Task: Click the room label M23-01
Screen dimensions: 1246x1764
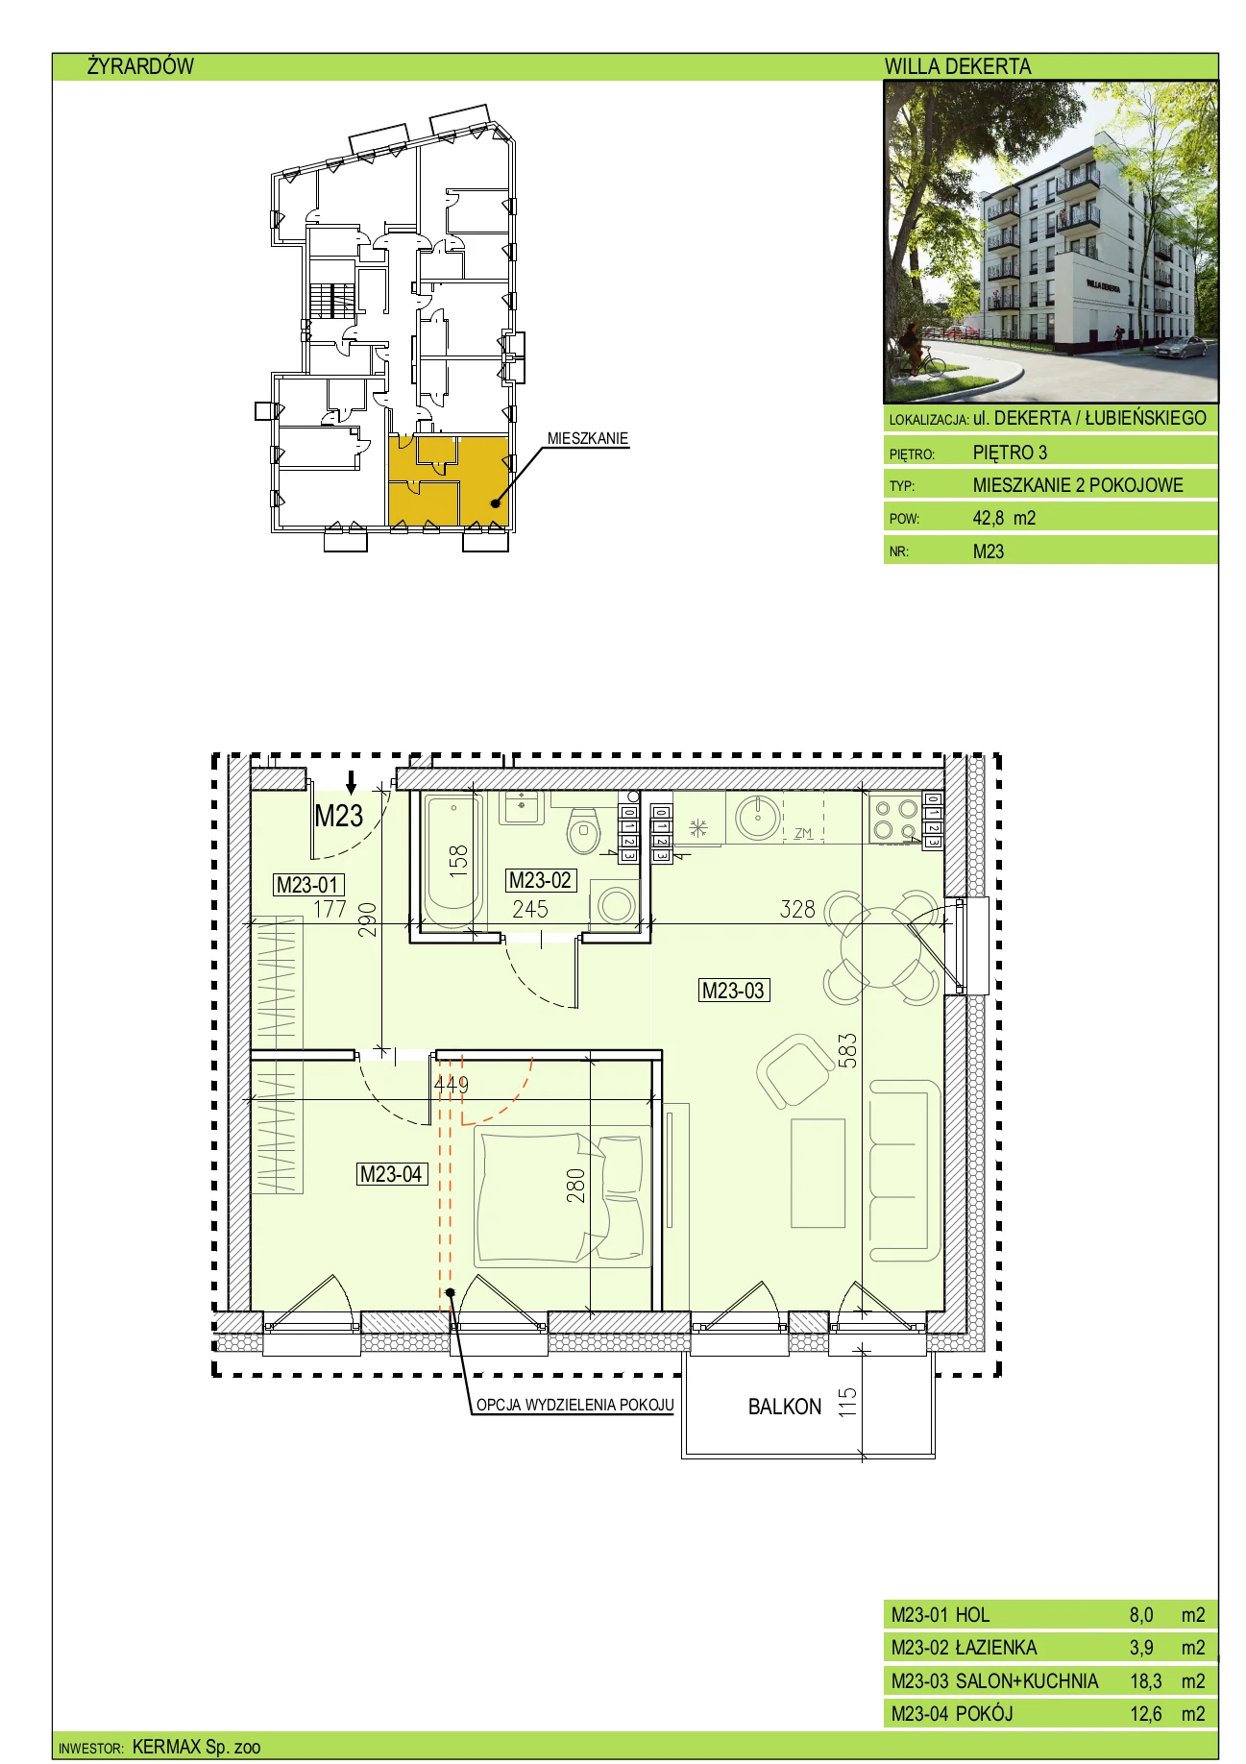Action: pyautogui.click(x=308, y=885)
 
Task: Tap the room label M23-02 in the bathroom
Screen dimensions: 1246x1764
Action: pyautogui.click(x=540, y=880)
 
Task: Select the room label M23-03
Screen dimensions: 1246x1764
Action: pyautogui.click(x=734, y=991)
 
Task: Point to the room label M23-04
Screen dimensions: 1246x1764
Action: pyautogui.click(x=391, y=1174)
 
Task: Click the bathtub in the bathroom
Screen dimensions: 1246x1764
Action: pyautogui.click(x=452, y=861)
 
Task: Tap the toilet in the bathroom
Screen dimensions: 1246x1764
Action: pyautogui.click(x=583, y=831)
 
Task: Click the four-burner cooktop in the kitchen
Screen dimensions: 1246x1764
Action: pyautogui.click(x=894, y=820)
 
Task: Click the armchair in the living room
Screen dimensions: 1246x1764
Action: pyautogui.click(x=795, y=1070)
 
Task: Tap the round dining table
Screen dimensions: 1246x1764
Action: pyautogui.click(x=881, y=947)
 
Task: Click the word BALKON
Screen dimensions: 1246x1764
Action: pyautogui.click(x=785, y=1407)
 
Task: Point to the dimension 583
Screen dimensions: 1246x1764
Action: pyautogui.click(x=846, y=1051)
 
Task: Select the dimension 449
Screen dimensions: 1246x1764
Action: pyautogui.click(x=452, y=1084)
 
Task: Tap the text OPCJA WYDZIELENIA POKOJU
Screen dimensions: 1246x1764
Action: pyautogui.click(x=574, y=1405)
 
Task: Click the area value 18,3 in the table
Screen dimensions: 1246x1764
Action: pyautogui.click(x=1145, y=1680)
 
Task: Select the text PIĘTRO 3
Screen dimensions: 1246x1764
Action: pyautogui.click(x=1010, y=453)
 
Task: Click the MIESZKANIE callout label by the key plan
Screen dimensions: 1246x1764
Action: pyautogui.click(x=588, y=438)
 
